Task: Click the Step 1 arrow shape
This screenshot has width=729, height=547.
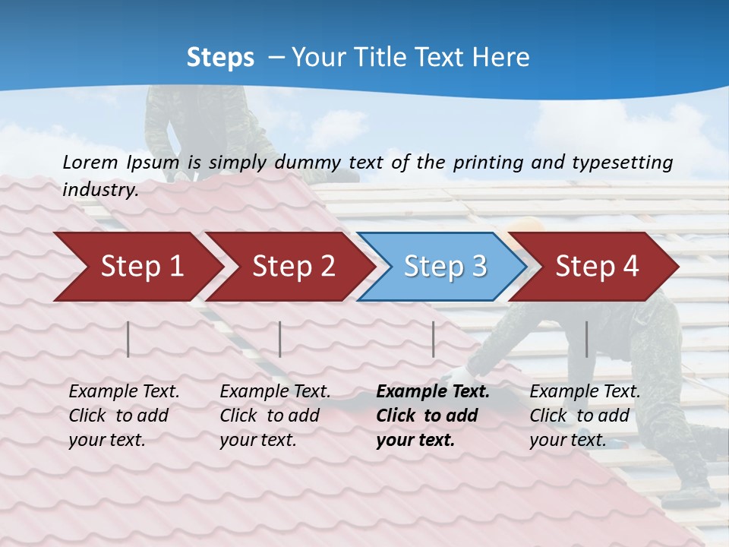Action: tap(137, 267)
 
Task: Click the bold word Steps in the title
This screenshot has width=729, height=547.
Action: tap(220, 58)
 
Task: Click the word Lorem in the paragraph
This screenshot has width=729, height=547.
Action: tap(90, 162)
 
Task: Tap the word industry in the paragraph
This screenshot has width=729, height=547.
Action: tap(100, 190)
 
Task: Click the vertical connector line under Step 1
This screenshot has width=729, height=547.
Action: tap(128, 339)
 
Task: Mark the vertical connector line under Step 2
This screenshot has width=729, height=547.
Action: tap(280, 339)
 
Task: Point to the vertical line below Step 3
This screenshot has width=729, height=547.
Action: tap(434, 339)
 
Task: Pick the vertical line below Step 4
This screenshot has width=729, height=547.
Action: tap(586, 339)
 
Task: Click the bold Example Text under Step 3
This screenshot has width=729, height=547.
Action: tap(433, 392)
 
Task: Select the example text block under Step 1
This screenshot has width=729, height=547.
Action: tap(124, 416)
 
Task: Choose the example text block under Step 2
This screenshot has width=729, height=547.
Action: tap(275, 416)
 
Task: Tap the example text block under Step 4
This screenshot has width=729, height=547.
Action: tap(585, 416)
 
